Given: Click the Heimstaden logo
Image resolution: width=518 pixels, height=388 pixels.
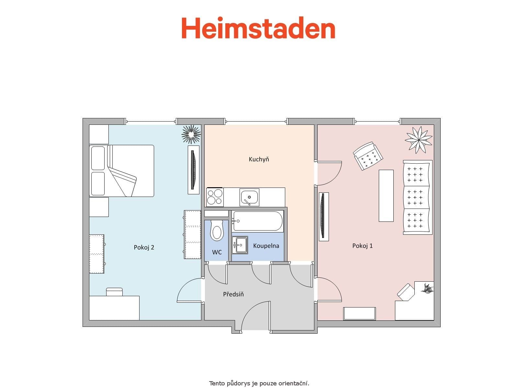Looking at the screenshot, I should coord(258,28).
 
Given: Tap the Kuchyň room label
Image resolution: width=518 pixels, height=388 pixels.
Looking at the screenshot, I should coord(259,159).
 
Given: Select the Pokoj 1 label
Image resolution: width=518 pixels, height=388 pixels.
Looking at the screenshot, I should coord(362,246).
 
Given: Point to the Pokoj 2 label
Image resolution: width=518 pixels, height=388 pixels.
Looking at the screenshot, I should coord(144,247).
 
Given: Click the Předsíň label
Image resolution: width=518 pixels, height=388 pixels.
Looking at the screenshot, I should coord(233,294).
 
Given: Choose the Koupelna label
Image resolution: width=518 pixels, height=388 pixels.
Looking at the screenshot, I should coord(266,246).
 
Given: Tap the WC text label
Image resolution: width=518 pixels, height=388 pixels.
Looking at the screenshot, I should coord(217,252).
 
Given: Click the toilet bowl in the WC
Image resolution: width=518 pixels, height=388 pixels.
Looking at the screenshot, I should coord(217,231).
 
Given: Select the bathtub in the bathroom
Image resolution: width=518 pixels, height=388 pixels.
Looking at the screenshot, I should coord(258,221).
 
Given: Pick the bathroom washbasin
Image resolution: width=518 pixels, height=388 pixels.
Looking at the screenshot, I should coord(240,245).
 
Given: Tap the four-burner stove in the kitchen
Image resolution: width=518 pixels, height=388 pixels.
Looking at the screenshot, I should coord(215,197).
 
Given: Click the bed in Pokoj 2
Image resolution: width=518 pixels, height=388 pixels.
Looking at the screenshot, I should coord(121,171).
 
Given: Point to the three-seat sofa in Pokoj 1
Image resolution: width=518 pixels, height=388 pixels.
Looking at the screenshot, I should coord(417,197).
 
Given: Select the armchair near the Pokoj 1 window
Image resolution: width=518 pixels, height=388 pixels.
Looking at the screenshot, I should coord(368,156).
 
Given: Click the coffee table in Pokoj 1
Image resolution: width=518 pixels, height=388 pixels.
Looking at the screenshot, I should coord(386,196).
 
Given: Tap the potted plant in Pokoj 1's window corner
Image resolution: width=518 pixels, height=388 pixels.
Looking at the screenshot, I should coord(418,139).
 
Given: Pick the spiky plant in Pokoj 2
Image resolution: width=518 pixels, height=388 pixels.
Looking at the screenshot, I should coord(191,134).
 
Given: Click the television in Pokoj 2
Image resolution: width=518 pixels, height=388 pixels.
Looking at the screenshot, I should coord(194,170).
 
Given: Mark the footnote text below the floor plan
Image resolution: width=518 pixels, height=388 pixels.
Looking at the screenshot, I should coord(259,383).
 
